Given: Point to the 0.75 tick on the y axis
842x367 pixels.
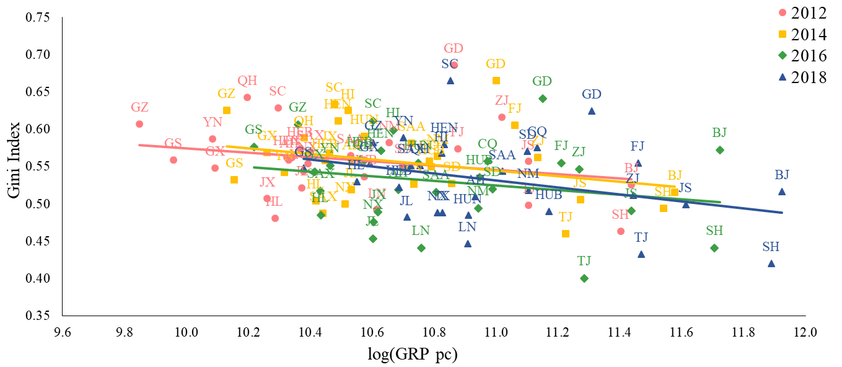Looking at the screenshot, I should coord(38,17).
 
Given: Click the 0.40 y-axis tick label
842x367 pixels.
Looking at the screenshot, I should coord(38,278).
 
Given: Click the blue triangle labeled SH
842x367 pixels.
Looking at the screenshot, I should coord(771,263).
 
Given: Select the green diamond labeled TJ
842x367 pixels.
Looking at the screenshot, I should coord(584,278).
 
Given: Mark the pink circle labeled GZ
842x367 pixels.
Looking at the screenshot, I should coord(139,124).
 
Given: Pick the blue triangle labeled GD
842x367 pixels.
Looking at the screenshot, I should coord(592,111).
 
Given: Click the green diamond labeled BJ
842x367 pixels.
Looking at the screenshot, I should coord(720,150).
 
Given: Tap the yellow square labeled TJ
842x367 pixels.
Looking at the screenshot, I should coord(565,234).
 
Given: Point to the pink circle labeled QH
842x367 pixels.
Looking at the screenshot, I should coord(247,97).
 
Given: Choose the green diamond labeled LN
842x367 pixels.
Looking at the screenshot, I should coord(421,248).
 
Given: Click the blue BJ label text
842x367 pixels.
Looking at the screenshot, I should coord(782,175).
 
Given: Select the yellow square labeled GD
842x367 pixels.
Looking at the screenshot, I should coord(496,81).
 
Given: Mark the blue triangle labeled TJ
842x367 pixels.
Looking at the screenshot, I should coord(641,254).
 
